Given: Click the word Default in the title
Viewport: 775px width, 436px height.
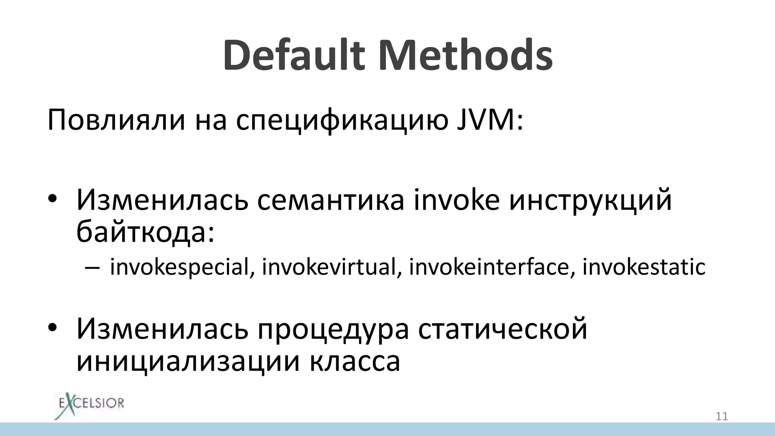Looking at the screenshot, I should [294, 55].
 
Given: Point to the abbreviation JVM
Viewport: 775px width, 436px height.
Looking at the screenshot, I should [490, 120].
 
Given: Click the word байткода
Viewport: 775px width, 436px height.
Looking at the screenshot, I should [145, 232].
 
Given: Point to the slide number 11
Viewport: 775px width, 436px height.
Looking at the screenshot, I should [722, 417].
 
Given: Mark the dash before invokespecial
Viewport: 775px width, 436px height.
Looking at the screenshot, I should [92, 267].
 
